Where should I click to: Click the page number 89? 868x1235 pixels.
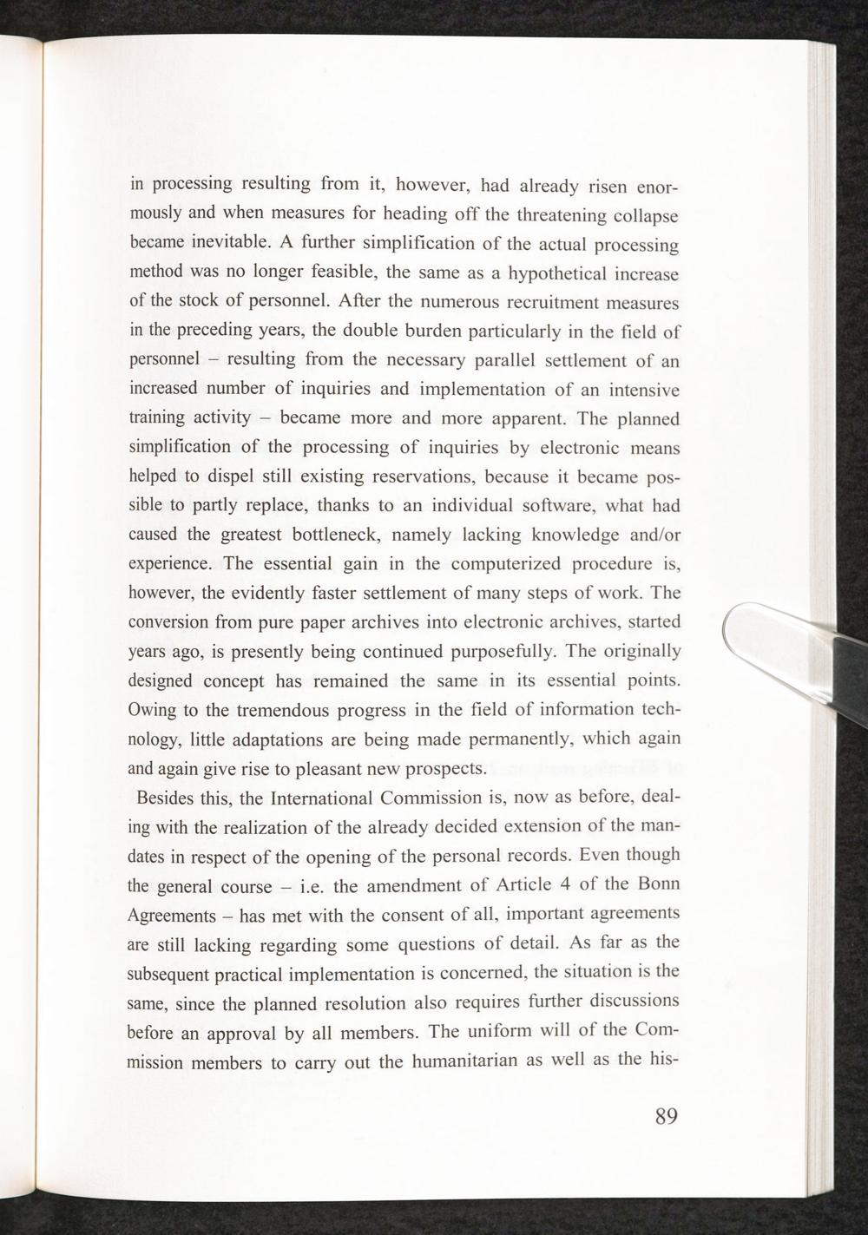(665, 1116)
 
